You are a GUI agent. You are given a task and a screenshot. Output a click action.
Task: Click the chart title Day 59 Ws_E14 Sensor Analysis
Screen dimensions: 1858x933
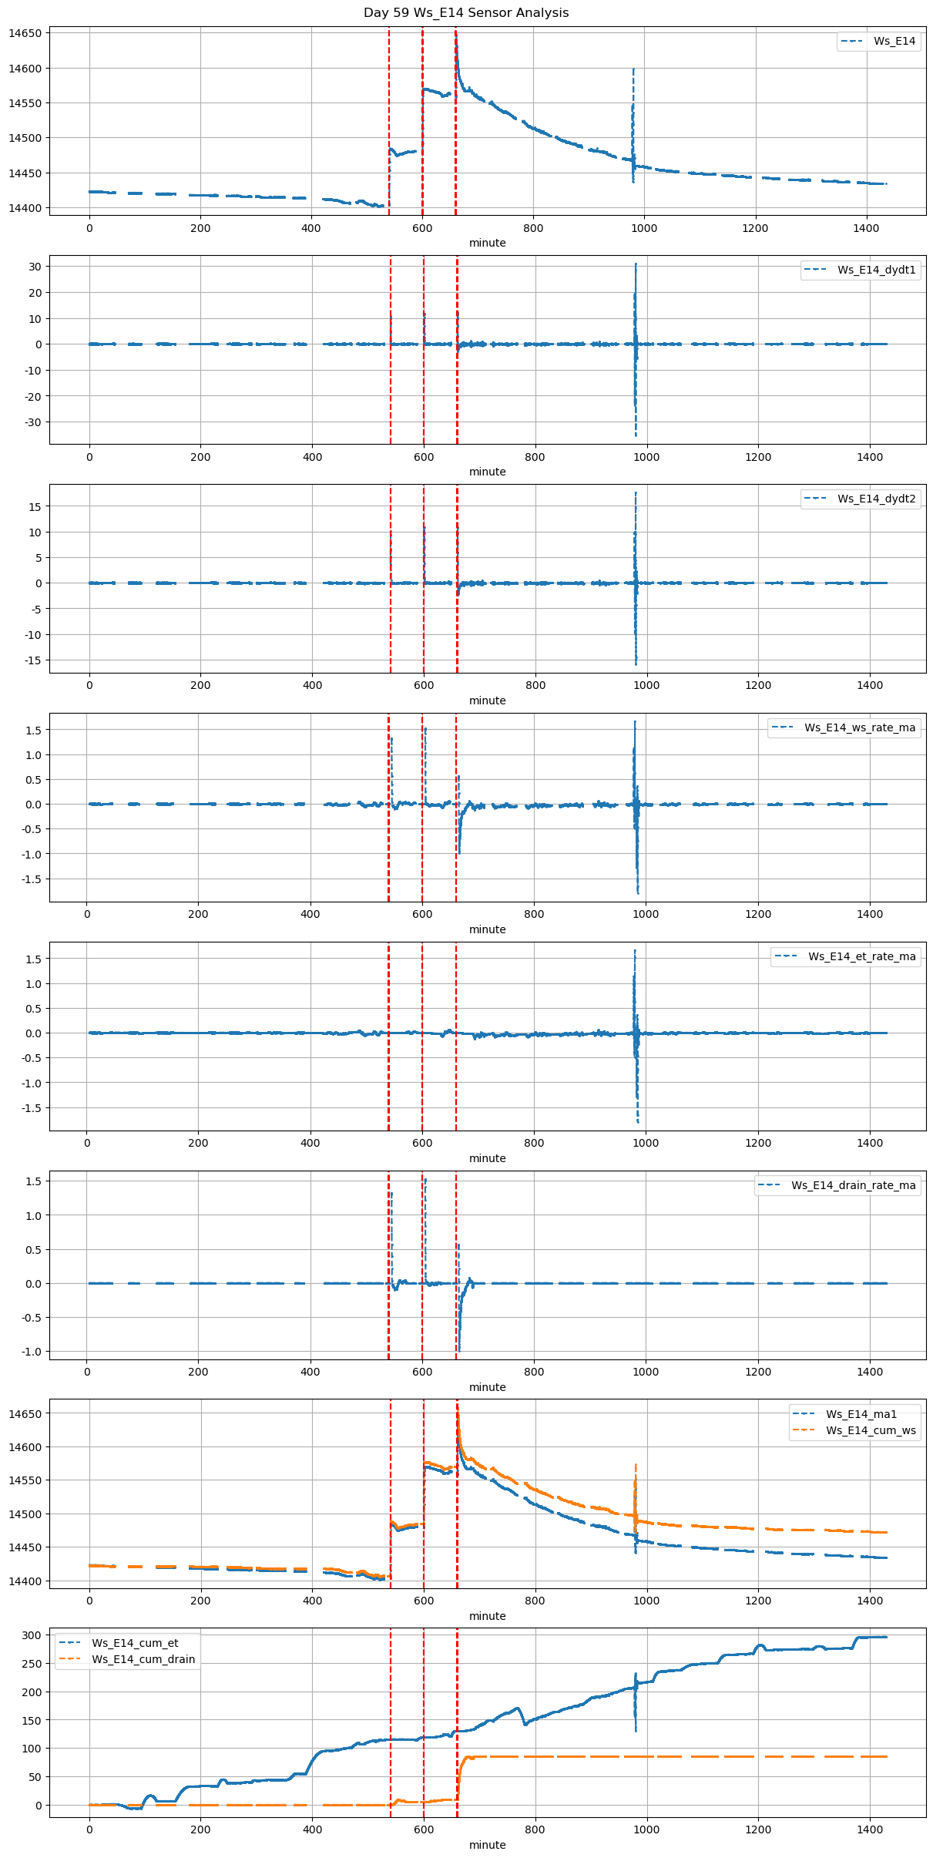tap(466, 13)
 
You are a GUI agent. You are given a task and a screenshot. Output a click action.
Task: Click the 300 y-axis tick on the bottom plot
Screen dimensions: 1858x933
tap(32, 1636)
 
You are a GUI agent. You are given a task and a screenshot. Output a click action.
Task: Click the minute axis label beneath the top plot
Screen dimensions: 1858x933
tap(488, 244)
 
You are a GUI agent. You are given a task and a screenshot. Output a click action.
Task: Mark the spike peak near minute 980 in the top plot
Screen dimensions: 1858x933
tap(633, 69)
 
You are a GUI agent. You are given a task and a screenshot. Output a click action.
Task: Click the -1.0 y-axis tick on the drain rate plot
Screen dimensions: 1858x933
tap(32, 1352)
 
